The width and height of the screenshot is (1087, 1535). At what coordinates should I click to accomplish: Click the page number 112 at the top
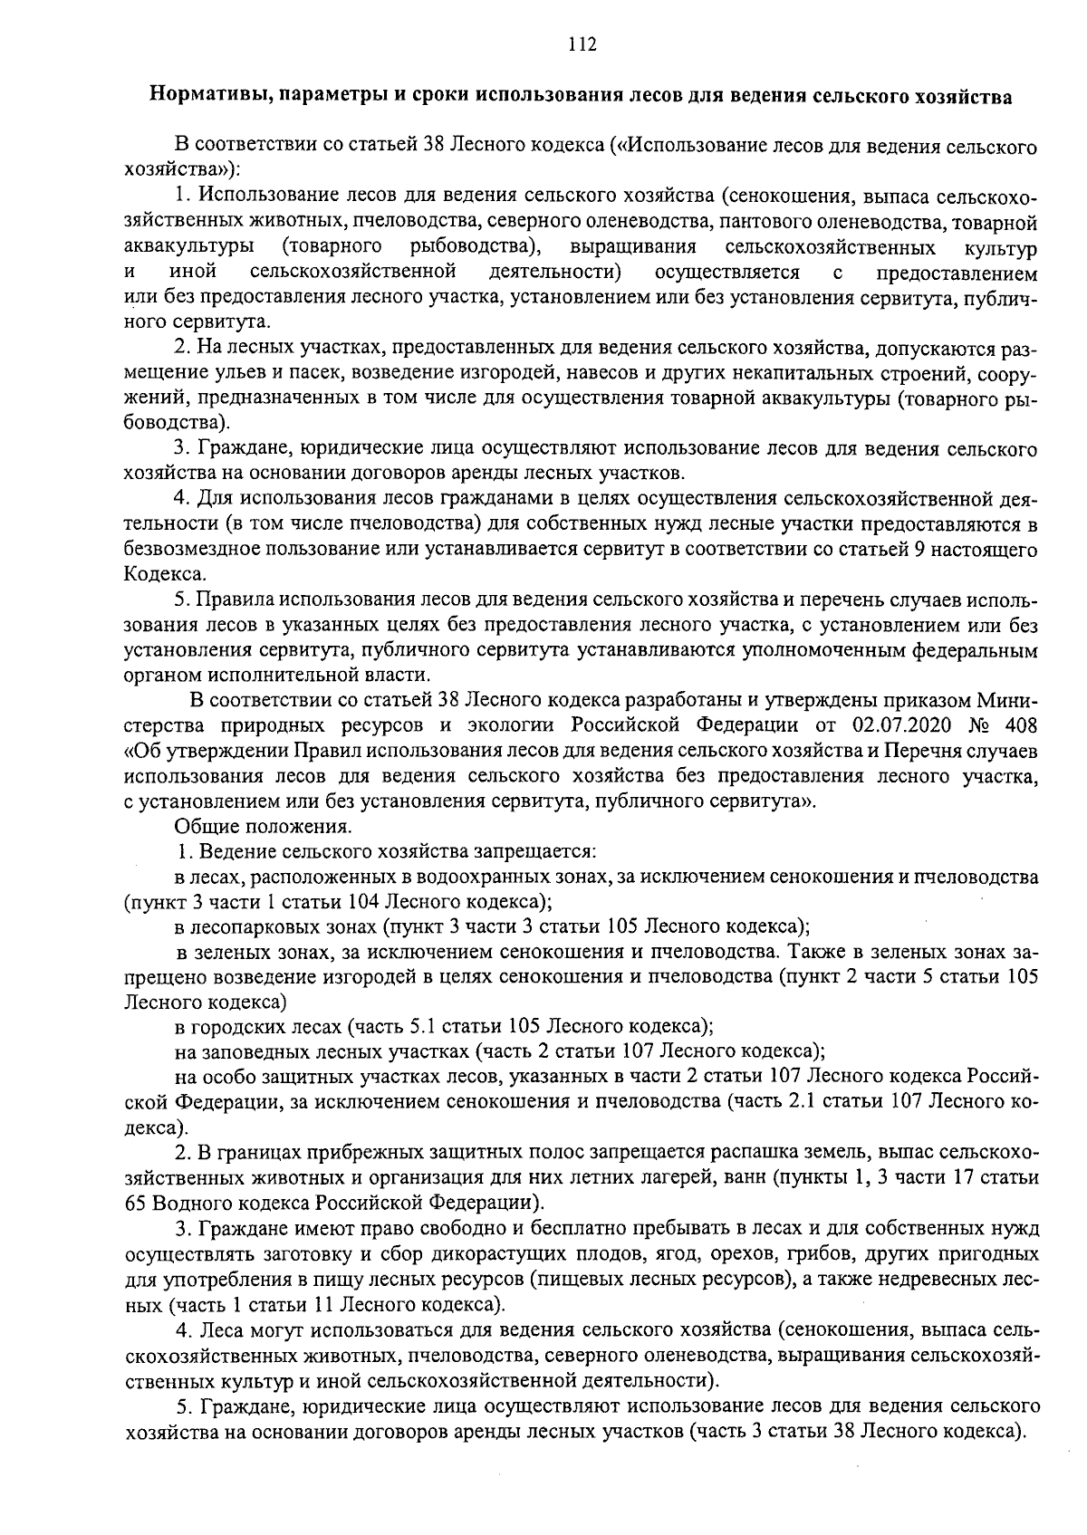pos(582,44)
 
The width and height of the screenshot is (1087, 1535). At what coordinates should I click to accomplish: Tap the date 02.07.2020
pos(902,725)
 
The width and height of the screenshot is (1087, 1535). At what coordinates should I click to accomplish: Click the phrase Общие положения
pos(263,827)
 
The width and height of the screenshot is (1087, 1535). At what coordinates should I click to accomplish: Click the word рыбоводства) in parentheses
pos(476,247)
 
